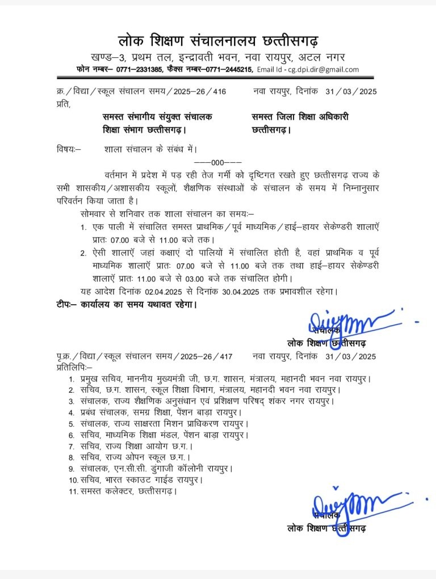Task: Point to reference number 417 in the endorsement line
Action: (x=225, y=356)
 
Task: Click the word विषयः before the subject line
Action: (x=69, y=150)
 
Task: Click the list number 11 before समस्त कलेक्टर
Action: (x=72, y=491)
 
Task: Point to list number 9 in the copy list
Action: (x=72, y=469)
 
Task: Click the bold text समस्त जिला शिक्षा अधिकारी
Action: (x=300, y=117)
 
